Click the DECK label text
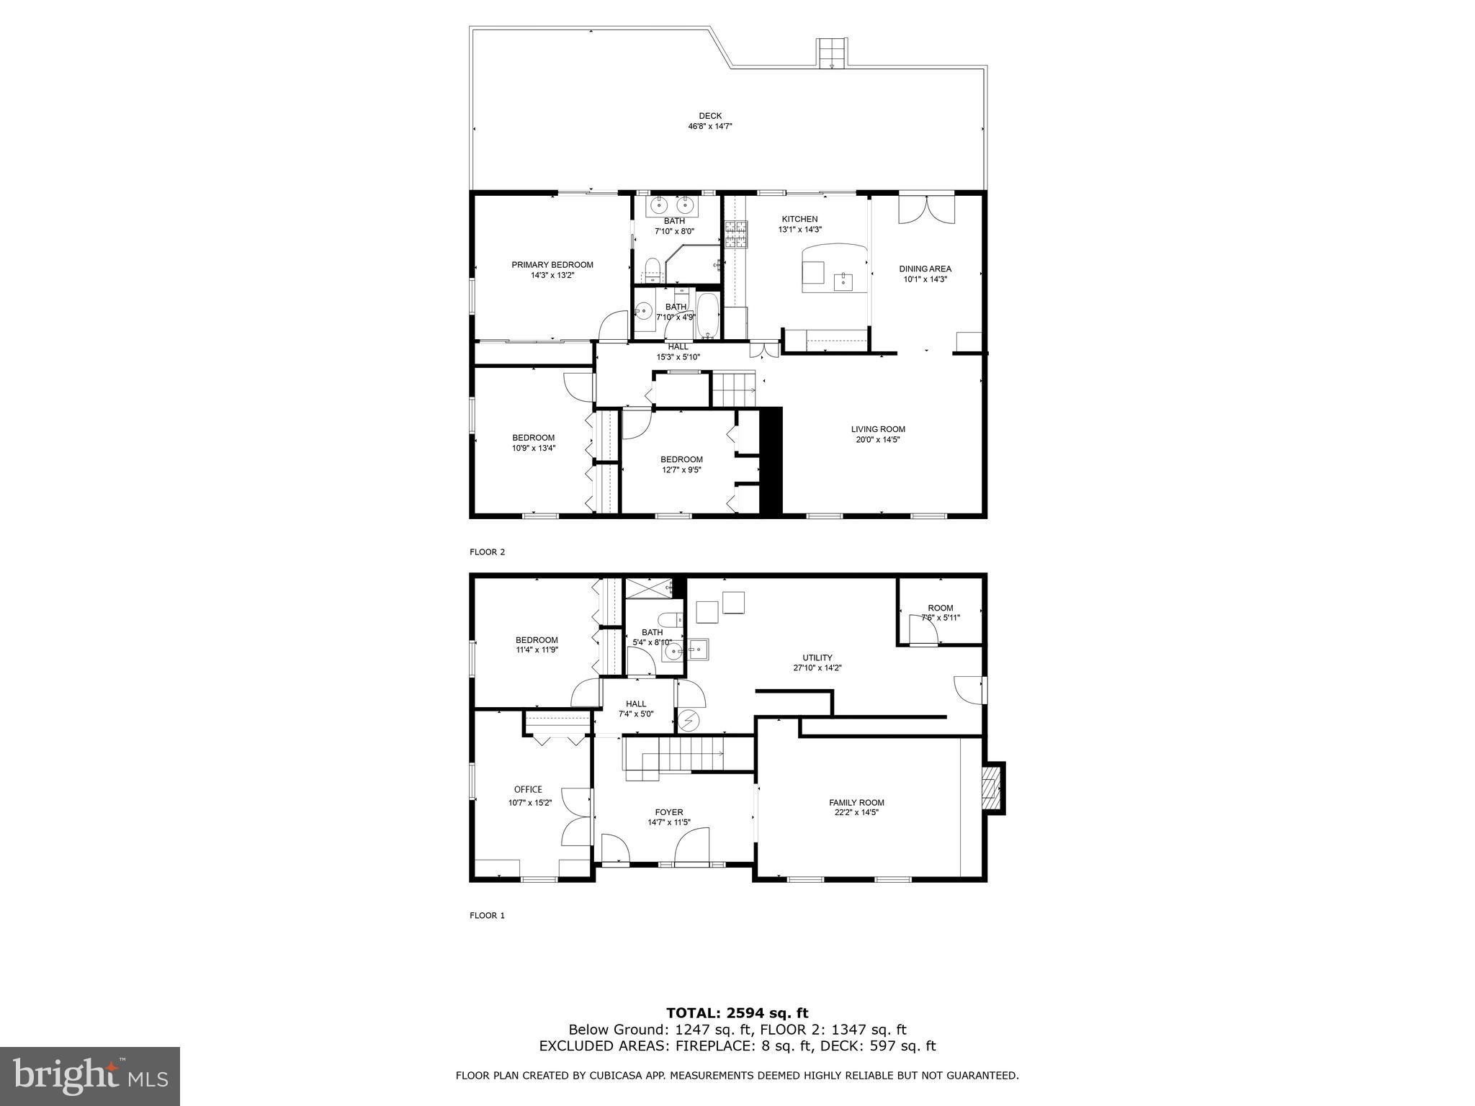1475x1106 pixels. pyautogui.click(x=709, y=116)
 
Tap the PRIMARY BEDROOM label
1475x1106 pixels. pyautogui.click(x=552, y=265)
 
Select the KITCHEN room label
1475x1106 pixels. pyautogui.click(x=799, y=219)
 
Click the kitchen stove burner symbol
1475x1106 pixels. pyautogui.click(x=737, y=235)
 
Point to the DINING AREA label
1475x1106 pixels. pyautogui.click(x=925, y=269)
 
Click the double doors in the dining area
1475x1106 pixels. pyautogui.click(x=925, y=209)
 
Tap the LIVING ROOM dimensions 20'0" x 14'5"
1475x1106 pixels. pyautogui.click(x=877, y=439)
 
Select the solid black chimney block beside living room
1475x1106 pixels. pyautogui.click(x=771, y=461)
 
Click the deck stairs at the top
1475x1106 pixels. pyautogui.click(x=832, y=53)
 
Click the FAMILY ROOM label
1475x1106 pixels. pyautogui.click(x=856, y=802)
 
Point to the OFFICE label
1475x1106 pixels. pyautogui.click(x=528, y=789)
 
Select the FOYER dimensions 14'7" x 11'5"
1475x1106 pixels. pyautogui.click(x=669, y=822)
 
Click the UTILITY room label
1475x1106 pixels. pyautogui.click(x=817, y=657)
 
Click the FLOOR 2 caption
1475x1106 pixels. pyautogui.click(x=488, y=552)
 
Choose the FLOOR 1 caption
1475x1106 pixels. pyautogui.click(x=488, y=916)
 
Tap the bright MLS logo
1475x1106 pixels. pyautogui.click(x=90, y=1076)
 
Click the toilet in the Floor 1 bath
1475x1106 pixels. pyautogui.click(x=671, y=619)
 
